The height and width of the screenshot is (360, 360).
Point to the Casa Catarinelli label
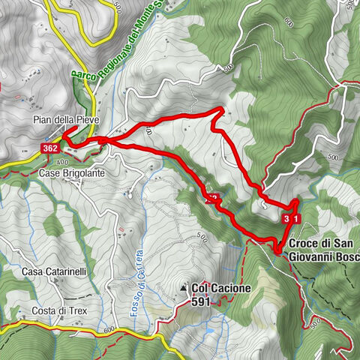[51, 271]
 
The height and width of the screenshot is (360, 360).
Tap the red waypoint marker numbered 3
[286, 218]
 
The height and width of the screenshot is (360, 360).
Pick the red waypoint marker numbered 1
[296, 218]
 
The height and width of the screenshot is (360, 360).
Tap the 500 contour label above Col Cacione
[200, 237]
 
